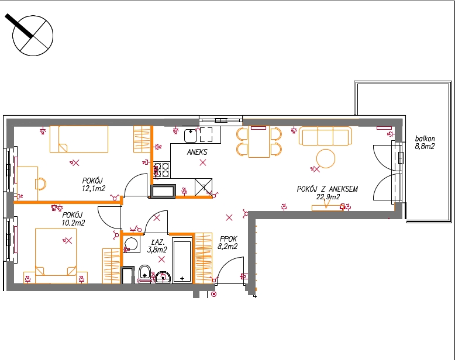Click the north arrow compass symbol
tap(33, 36)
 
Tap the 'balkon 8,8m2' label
tap(425, 143)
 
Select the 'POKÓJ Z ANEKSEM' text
tap(327, 189)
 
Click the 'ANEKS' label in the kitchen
tap(197, 152)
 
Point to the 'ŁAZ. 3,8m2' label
tap(157, 246)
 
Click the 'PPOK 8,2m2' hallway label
tap(227, 243)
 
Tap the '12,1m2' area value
tap(94, 188)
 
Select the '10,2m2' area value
tap(74, 223)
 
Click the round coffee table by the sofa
tap(326, 158)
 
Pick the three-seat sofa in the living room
tap(325, 136)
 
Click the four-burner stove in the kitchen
tap(161, 170)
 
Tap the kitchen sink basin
tap(190, 136)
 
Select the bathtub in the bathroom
tap(182, 260)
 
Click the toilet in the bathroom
tap(144, 274)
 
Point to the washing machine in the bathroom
tap(132, 244)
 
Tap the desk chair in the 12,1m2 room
tap(40, 184)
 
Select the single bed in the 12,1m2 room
tap(79, 139)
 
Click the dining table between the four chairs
tap(259, 142)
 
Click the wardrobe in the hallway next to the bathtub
tap(204, 258)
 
